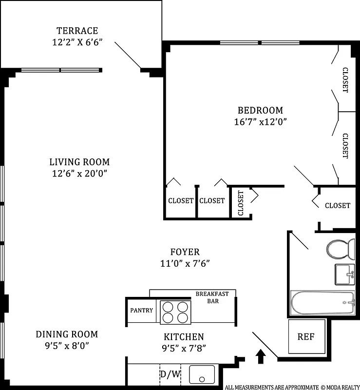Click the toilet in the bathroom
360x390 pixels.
[341, 249]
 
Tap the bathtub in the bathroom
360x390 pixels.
[322, 303]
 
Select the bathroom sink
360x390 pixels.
[344, 274]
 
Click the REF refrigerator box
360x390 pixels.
[306, 336]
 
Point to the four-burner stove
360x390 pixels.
[175, 312]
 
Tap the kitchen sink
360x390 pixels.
[202, 374]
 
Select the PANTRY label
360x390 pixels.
[141, 311]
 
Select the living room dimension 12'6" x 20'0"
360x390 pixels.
[79, 173]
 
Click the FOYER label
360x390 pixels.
[185, 252]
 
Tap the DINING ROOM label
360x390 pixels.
[67, 334]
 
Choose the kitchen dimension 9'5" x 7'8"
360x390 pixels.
[184, 348]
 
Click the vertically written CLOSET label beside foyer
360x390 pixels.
[241, 203]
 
